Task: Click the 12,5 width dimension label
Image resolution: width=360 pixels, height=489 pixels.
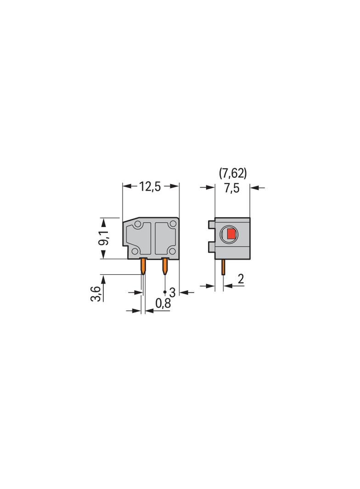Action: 150,187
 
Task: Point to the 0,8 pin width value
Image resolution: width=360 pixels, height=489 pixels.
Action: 163,303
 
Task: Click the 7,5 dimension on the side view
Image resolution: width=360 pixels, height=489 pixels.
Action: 231,188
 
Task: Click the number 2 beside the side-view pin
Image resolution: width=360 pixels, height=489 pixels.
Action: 241,278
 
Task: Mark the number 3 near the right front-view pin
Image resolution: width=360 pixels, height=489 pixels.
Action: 173,292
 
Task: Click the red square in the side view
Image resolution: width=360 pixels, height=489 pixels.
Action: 231,235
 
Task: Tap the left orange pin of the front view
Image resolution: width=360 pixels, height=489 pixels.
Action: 143,266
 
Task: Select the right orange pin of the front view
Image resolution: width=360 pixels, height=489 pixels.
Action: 165,266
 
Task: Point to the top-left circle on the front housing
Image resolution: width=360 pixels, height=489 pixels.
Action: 137,224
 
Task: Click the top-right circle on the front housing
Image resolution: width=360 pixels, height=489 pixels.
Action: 172,224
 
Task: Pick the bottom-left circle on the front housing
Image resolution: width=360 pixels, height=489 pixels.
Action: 135,251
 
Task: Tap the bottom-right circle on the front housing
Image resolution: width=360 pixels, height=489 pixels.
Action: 172,251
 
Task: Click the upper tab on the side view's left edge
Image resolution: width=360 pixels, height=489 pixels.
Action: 211,224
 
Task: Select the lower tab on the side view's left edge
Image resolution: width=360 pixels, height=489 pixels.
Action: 211,247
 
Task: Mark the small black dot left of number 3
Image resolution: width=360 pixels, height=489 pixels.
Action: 165,292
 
